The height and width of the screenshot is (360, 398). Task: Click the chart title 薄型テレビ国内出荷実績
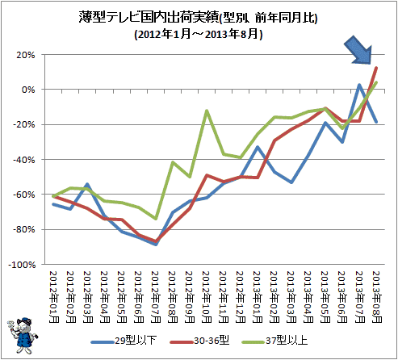149,18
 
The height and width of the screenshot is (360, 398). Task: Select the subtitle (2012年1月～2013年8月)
199,34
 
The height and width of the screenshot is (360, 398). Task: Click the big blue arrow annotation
359,51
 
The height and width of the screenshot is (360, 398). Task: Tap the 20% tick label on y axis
26,55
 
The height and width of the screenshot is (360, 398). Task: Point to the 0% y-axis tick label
28,90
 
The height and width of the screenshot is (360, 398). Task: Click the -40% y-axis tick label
24,160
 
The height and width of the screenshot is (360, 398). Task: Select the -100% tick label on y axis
22,265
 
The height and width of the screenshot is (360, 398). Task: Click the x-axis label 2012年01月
54,297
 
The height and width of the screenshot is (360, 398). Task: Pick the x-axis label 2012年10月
207,297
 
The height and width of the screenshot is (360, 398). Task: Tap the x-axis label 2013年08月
376,297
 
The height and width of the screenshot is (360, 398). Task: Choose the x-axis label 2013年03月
291,297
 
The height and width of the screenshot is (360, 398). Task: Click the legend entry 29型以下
124,341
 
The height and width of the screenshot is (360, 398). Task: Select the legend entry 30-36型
199,341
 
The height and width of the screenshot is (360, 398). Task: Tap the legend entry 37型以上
274,341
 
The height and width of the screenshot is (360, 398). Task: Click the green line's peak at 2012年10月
207,111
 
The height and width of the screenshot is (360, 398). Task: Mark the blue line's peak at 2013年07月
359,85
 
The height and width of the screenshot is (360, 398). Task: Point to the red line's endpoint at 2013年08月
376,68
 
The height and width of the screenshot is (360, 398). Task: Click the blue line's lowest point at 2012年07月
156,244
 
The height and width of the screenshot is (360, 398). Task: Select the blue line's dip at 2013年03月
291,182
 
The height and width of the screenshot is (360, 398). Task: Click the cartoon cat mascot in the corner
23,335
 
